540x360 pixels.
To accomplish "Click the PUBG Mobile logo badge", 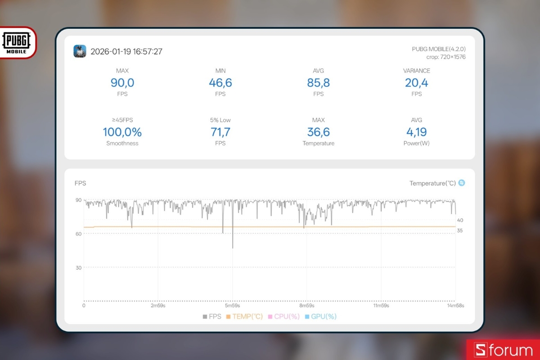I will pyautogui.click(x=18, y=43).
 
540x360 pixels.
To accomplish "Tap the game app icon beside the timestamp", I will pyautogui.click(x=80, y=51).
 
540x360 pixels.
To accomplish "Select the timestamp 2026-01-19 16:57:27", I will pyautogui.click(x=126, y=52).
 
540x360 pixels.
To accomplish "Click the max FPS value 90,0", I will pyautogui.click(x=122, y=83).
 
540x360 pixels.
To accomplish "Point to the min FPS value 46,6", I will pyautogui.click(x=220, y=83).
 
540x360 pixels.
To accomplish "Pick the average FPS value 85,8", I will pyautogui.click(x=319, y=83).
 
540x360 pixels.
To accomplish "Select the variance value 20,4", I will pyautogui.click(x=417, y=83).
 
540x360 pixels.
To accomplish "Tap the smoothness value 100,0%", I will pyautogui.click(x=122, y=132).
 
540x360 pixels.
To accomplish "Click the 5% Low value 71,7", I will pyautogui.click(x=220, y=132).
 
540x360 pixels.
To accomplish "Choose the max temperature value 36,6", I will pyautogui.click(x=319, y=132).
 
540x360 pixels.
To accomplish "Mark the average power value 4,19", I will pyautogui.click(x=417, y=132).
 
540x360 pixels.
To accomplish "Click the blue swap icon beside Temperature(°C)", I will pyautogui.click(x=462, y=183).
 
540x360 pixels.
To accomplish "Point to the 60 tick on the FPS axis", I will pyautogui.click(x=78, y=234).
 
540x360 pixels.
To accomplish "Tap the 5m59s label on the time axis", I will pyautogui.click(x=232, y=306).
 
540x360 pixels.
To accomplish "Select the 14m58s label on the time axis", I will pyautogui.click(x=455, y=306).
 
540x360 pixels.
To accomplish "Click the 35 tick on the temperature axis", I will pyautogui.click(x=460, y=231).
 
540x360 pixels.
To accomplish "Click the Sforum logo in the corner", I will pyautogui.click(x=504, y=350).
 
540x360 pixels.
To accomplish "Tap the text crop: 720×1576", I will pyautogui.click(x=446, y=57).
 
